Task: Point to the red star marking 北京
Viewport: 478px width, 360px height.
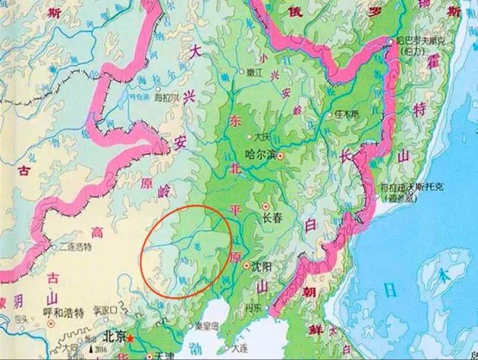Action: (x=130, y=339)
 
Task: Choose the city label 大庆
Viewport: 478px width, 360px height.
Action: (x=261, y=136)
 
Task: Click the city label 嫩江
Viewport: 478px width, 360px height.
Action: (x=257, y=71)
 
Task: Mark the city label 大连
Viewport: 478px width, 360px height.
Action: (x=240, y=348)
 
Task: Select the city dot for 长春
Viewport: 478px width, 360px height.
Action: (x=265, y=206)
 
